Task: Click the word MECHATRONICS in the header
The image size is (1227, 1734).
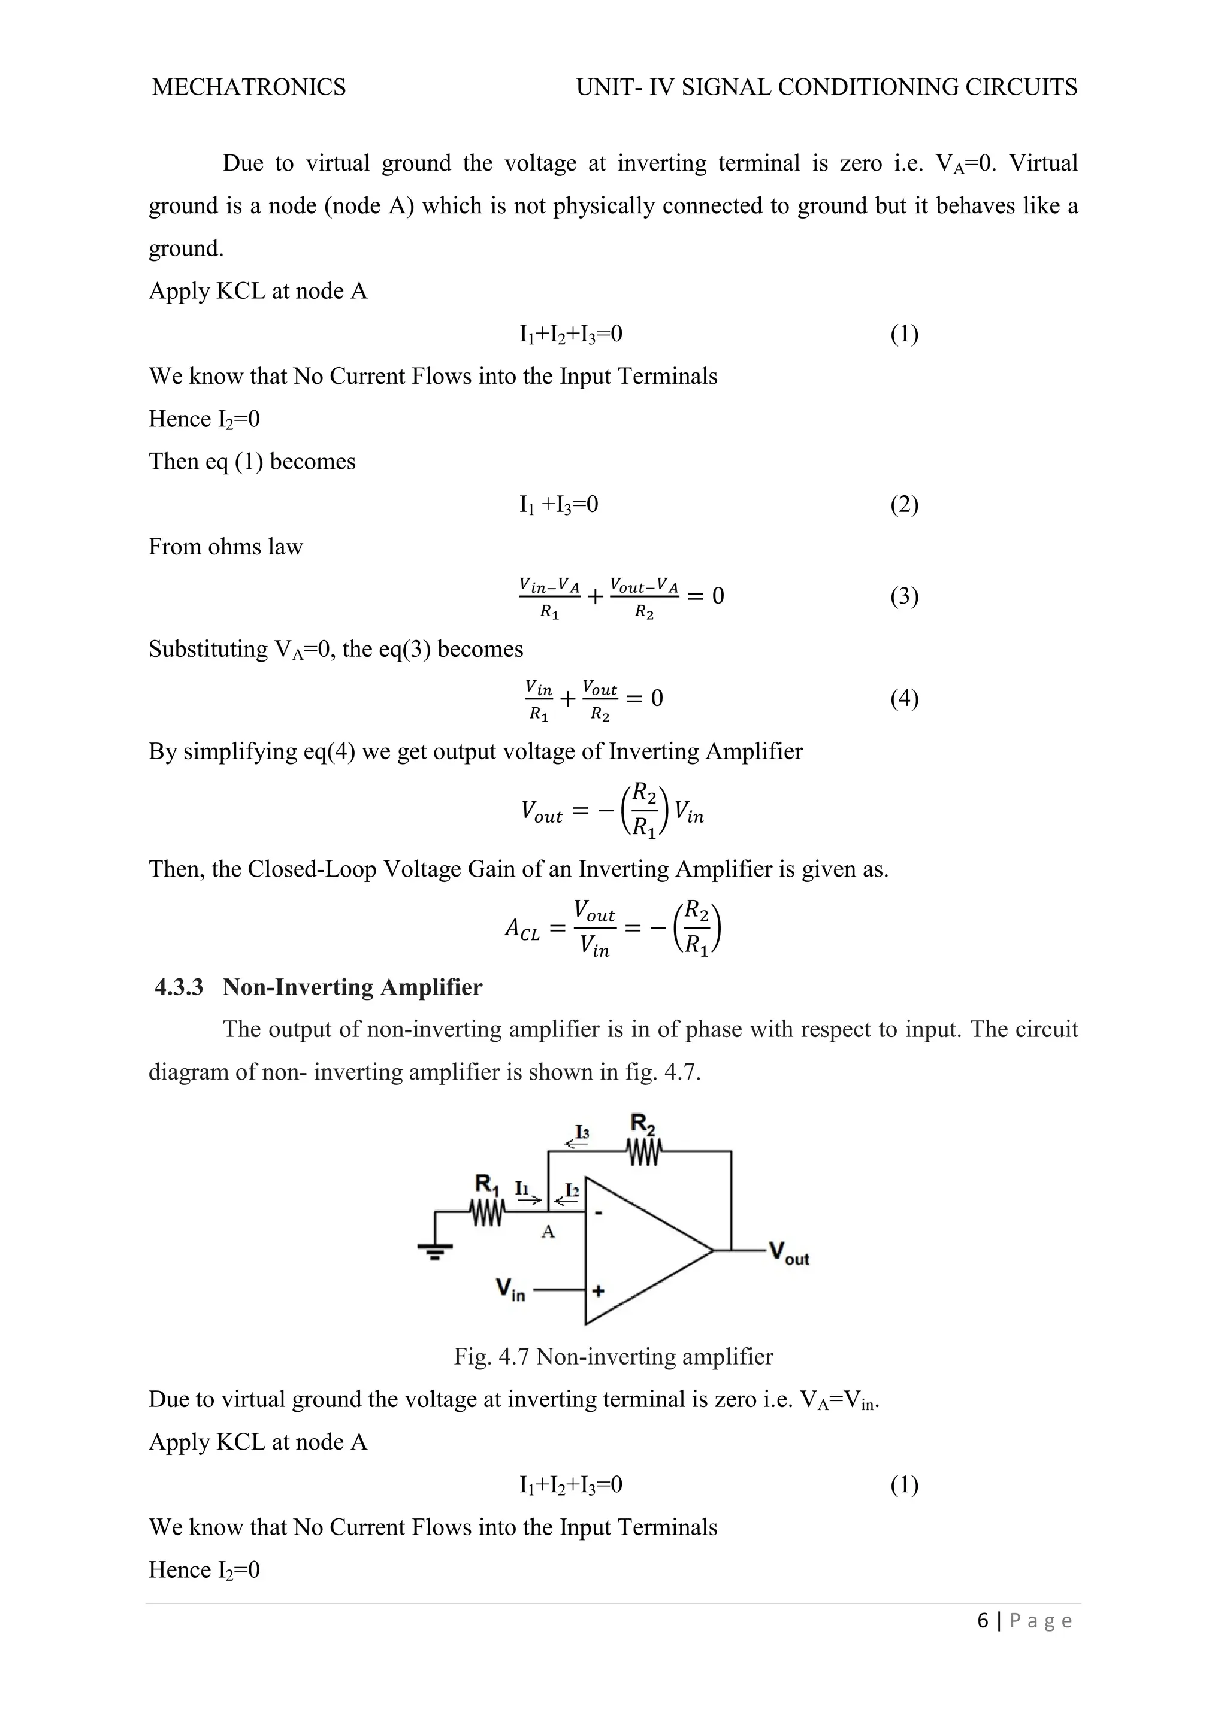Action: tap(249, 87)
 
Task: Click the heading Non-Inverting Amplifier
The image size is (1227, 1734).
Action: tap(352, 987)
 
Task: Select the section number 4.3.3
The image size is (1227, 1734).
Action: tap(179, 987)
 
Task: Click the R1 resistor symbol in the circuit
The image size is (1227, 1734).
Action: tap(486, 1213)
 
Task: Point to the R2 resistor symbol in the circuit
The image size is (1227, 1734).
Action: tap(643, 1152)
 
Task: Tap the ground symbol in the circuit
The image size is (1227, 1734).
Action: tap(435, 1250)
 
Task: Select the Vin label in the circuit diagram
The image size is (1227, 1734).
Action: tap(510, 1289)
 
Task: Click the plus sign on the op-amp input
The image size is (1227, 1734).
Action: tap(598, 1291)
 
